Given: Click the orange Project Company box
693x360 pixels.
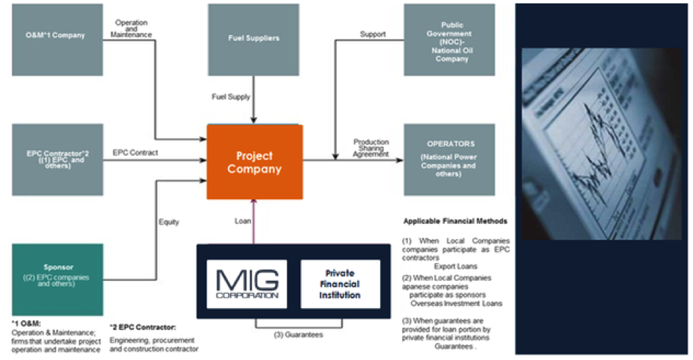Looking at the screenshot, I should click(x=254, y=162).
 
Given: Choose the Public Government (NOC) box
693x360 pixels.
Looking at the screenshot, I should click(x=449, y=39).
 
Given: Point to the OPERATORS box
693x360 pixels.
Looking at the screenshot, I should click(x=449, y=159).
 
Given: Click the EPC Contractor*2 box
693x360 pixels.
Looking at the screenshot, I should click(x=58, y=159).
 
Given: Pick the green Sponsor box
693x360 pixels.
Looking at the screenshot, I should click(x=58, y=279).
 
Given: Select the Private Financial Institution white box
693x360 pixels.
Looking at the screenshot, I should click(x=340, y=284).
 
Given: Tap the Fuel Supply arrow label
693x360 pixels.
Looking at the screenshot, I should click(x=231, y=96).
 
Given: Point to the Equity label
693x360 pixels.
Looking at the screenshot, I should click(x=168, y=222).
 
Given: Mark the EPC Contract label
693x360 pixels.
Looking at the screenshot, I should click(x=135, y=152).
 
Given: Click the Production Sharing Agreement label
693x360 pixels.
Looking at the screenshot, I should click(x=370, y=147).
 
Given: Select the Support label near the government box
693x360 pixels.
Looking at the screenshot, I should click(x=372, y=34).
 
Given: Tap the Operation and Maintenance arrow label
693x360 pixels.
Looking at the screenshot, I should click(x=133, y=28).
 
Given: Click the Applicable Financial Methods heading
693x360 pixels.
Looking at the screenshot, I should click(x=455, y=221).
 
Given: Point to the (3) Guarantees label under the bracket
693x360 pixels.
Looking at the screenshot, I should click(x=298, y=335).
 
